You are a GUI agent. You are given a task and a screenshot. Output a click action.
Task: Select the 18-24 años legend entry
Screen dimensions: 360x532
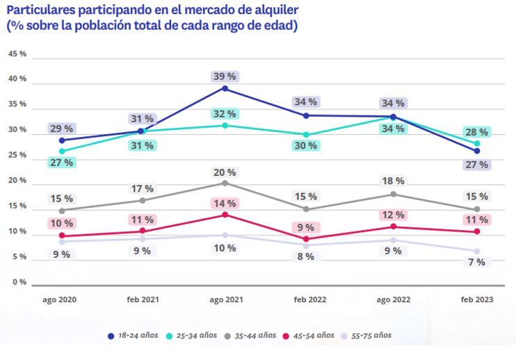(134, 336)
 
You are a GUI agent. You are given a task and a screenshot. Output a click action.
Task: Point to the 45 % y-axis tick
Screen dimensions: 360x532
(17, 54)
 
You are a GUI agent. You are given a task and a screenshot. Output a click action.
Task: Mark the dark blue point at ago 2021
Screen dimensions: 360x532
(225, 88)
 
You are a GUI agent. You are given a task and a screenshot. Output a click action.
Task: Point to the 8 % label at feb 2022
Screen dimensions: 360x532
(307, 256)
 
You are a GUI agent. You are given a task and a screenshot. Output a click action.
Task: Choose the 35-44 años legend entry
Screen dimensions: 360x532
(251, 336)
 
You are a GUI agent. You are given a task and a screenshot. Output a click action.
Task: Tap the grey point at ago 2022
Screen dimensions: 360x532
(394, 194)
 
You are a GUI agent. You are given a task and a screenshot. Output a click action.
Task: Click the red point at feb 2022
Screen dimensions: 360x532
(306, 239)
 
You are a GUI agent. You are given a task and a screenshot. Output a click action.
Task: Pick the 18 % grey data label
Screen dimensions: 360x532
(394, 181)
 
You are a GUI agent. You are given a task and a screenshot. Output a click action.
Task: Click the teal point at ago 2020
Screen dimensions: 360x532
(62, 151)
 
